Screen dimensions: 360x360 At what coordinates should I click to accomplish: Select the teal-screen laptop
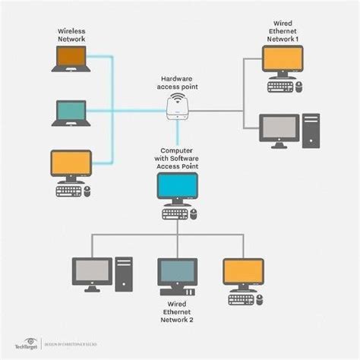(71, 112)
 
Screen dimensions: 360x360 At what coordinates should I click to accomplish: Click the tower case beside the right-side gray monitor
(311, 131)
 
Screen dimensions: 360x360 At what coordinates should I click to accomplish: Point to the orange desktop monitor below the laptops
(71, 164)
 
